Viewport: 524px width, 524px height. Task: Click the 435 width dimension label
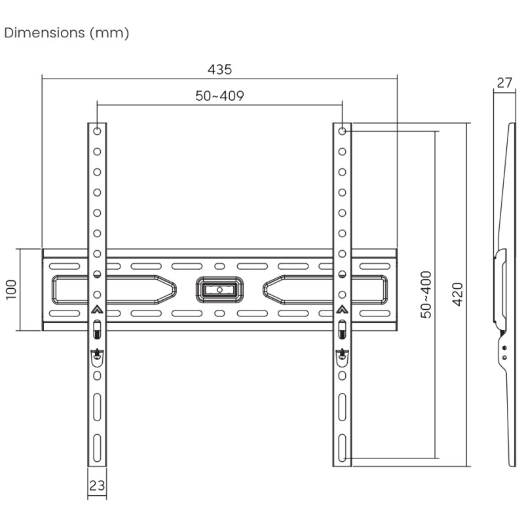[219, 69]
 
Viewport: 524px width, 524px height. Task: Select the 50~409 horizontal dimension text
[219, 96]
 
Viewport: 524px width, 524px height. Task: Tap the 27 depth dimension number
[504, 83]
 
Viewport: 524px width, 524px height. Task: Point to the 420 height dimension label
[457, 294]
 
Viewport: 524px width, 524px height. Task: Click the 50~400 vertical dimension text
[426, 294]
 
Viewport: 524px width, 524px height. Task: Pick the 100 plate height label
[11, 290]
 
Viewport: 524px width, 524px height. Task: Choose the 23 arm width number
[97, 485]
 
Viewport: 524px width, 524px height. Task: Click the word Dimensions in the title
[45, 33]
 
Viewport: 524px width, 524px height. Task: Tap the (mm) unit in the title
[109, 33]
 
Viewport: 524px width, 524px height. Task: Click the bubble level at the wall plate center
[219, 290]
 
